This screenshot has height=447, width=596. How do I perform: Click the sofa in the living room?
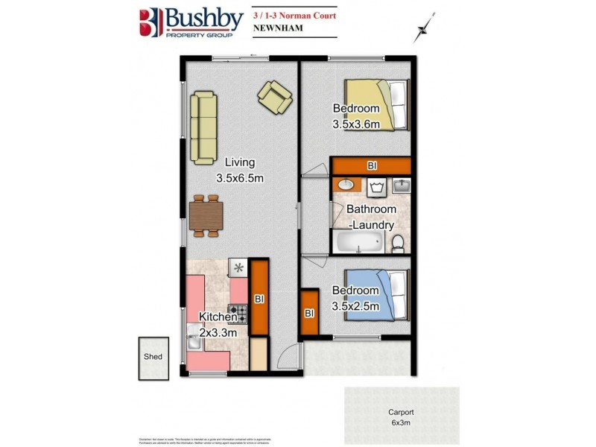coord(203,127)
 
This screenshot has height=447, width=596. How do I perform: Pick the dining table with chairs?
coord(206,216)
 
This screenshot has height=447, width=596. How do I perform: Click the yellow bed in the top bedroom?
coord(393,104)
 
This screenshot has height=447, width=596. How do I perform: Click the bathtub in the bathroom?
coord(360,241)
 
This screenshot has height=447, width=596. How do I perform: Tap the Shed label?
coord(152,357)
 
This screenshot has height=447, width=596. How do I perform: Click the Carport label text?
coord(401,412)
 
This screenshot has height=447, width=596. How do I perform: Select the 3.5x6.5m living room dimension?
coord(241,178)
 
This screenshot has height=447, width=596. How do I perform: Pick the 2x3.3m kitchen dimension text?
coord(218,332)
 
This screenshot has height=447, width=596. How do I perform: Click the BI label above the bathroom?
coord(371,165)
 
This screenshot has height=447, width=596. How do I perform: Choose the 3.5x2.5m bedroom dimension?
coord(355,305)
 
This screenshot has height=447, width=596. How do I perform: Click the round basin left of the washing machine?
coord(345,185)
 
